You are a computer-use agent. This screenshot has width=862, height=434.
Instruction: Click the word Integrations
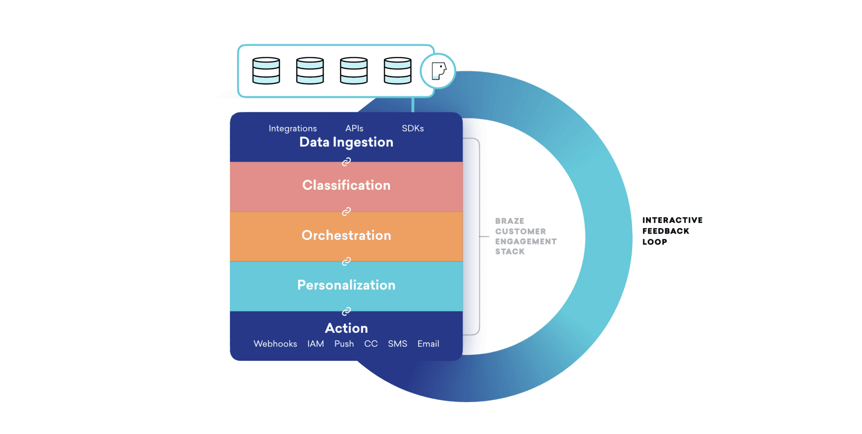292,129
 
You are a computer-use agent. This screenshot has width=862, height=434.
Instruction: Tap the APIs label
354,129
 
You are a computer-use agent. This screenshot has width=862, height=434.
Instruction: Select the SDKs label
413,129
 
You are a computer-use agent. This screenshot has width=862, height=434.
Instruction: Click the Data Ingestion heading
346,143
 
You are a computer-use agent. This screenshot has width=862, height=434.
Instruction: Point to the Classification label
346,185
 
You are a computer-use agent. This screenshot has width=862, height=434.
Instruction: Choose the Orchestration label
346,235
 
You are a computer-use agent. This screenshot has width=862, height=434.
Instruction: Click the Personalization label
346,285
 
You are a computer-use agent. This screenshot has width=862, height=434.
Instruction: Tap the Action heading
346,328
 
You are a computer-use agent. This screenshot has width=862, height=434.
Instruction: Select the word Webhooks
275,344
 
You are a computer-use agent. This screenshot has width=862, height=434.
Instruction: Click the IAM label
316,344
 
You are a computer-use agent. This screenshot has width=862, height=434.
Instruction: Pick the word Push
344,344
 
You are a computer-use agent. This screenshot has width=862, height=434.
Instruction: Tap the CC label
371,344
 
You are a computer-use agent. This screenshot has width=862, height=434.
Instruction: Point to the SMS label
397,344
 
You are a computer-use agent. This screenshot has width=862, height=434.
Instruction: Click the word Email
428,344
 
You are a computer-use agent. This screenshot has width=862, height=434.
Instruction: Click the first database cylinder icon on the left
266,71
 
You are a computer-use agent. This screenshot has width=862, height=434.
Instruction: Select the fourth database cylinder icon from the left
397,71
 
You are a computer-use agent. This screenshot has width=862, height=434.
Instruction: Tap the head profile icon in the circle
438,71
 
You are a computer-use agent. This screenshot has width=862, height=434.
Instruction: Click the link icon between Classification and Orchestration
346,212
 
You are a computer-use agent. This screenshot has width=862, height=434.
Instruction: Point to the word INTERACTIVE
672,220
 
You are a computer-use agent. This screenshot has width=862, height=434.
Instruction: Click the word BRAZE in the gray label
510,221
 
